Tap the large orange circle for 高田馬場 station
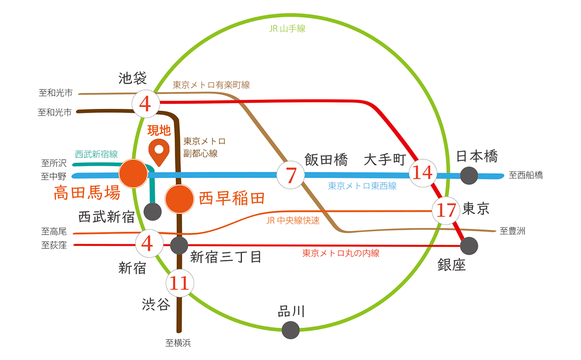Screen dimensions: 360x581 point(133,174)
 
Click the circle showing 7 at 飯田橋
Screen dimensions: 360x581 point(290,175)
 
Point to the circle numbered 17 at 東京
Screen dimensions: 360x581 point(446,210)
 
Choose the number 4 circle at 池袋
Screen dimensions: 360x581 point(146,103)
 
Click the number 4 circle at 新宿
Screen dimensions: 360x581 point(147,243)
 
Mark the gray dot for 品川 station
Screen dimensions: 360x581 point(291,330)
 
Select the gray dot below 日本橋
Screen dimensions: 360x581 point(469,175)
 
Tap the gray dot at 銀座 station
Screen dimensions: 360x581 point(469,246)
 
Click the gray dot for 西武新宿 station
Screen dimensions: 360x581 point(153,211)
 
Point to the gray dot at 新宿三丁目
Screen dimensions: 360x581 point(179,245)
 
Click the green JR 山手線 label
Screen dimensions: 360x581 point(287,29)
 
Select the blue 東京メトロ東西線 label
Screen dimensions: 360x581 point(362,185)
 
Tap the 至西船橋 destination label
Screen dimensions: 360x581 point(526,175)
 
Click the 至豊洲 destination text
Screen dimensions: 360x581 point(513,231)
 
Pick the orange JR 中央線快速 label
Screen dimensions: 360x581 point(293,221)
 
